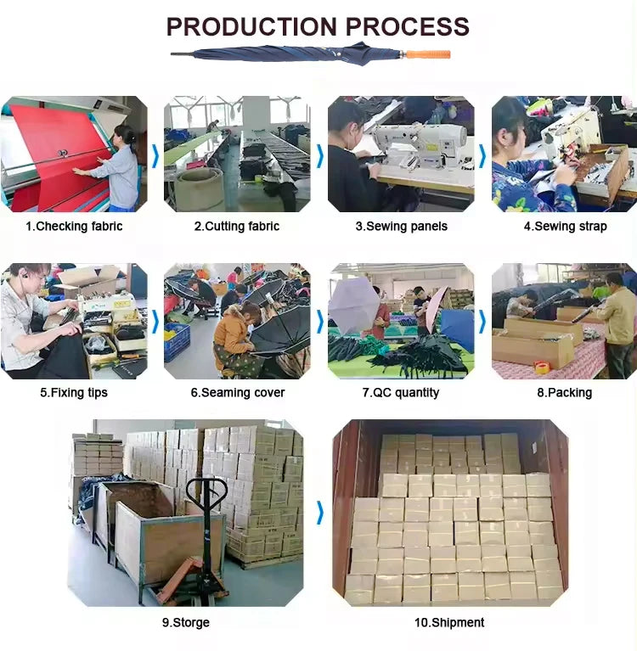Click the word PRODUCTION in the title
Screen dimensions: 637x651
[x=251, y=26]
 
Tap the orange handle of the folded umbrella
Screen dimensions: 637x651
[x=428, y=54]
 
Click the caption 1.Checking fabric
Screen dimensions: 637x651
[x=74, y=227]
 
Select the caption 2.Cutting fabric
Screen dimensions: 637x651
[x=237, y=227]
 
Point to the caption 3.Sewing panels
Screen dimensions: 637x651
[x=402, y=227]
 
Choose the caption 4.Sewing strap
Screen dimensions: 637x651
[x=565, y=227]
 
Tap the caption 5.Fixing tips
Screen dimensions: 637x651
[x=74, y=392]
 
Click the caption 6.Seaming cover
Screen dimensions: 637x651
[x=238, y=392]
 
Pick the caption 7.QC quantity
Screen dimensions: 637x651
[x=401, y=392]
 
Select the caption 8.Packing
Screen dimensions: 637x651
[x=564, y=392]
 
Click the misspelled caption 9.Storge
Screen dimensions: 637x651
[x=186, y=622]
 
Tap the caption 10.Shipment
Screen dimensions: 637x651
[x=449, y=622]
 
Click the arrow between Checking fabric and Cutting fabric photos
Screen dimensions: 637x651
[x=155, y=156]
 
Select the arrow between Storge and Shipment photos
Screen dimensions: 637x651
[x=320, y=513]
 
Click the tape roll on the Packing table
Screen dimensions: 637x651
[x=541, y=366]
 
